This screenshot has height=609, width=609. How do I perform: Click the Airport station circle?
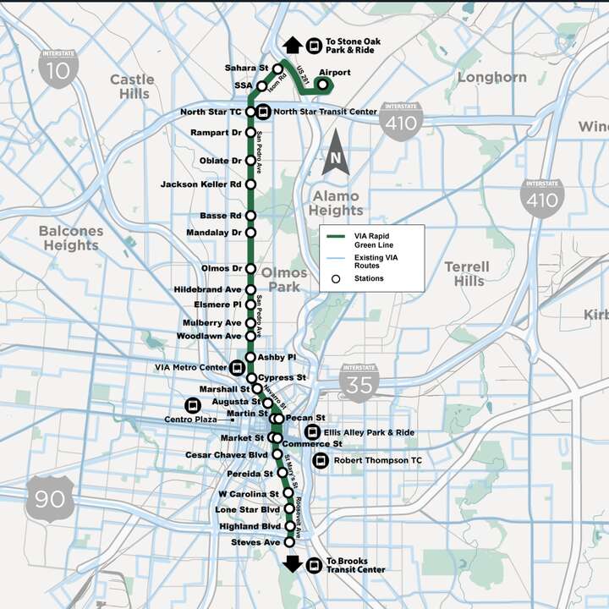point(322,84)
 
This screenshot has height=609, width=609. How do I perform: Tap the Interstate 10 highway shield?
point(58,67)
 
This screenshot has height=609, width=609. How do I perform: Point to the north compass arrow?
point(335,153)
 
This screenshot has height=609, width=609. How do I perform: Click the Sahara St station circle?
point(277,68)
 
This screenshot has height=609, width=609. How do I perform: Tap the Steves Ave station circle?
point(288,542)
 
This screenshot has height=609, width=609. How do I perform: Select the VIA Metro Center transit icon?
point(237,367)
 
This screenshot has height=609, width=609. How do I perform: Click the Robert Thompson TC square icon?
point(320,461)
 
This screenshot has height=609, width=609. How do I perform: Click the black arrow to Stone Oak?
point(294,45)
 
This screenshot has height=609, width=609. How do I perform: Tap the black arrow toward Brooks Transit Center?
point(294,564)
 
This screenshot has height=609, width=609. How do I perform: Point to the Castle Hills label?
point(132,86)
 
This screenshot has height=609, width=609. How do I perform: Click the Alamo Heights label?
point(336,203)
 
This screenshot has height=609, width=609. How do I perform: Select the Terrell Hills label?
point(466,273)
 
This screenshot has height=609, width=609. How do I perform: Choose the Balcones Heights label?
point(71,238)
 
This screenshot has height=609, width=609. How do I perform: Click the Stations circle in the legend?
point(336,278)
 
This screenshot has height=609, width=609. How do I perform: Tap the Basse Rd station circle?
point(250,216)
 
